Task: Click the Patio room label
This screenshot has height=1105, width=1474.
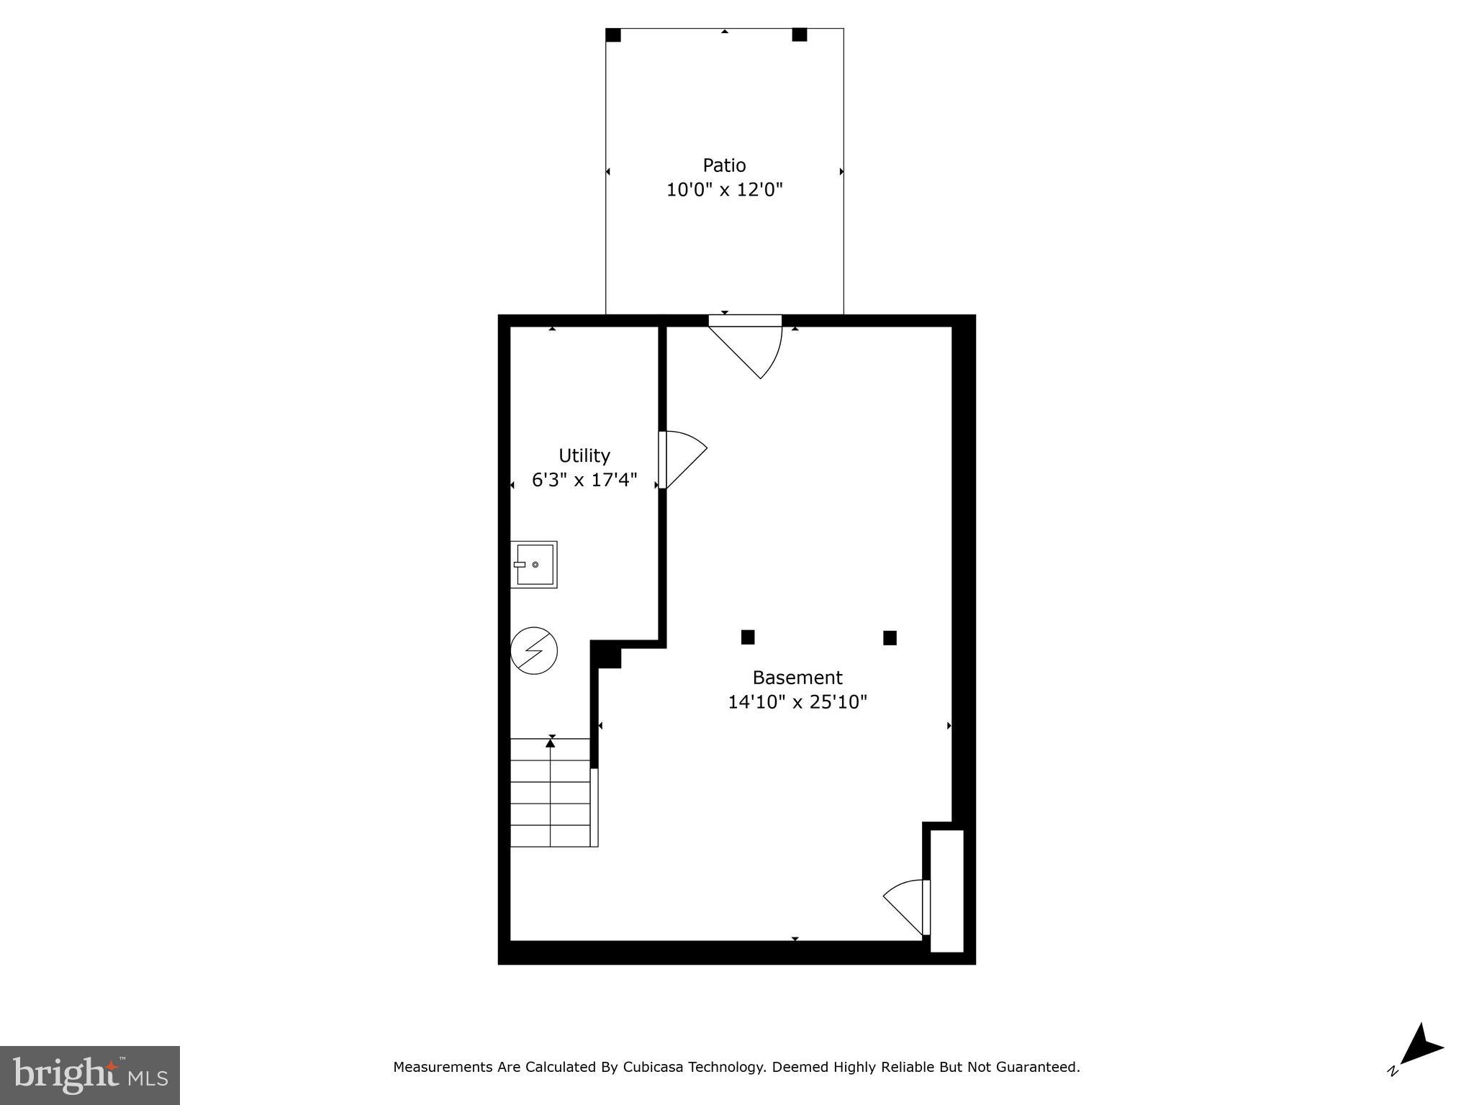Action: [724, 165]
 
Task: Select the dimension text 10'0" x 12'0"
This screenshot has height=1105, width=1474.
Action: [724, 190]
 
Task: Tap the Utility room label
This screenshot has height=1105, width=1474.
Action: [584, 455]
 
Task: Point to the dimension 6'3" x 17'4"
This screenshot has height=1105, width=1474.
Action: [584, 480]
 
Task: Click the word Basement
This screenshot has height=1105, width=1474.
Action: [797, 677]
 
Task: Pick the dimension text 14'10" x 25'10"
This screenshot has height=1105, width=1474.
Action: [797, 701]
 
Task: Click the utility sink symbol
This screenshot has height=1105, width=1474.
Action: [534, 565]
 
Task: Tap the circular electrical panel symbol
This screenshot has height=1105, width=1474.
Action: [534, 651]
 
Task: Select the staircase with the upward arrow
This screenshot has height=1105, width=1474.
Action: [551, 792]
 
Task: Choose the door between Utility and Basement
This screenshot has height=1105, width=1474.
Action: [679, 460]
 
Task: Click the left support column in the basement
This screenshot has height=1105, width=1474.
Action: [748, 637]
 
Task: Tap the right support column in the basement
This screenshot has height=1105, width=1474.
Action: [890, 638]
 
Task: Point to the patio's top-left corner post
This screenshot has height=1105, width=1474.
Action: [613, 35]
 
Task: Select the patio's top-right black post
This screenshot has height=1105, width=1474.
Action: [800, 35]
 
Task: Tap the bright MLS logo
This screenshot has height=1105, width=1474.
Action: [90, 1075]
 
